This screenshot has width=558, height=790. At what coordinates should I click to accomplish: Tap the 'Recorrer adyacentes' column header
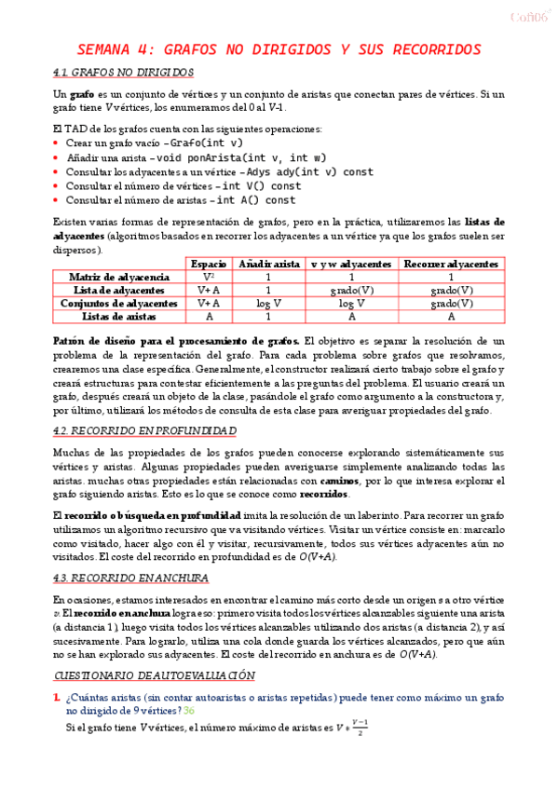pyautogui.click(x=452, y=265)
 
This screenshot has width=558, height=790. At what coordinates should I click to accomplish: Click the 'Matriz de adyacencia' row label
pyautogui.click(x=118, y=278)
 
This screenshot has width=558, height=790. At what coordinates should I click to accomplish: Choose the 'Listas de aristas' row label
pyautogui.click(x=118, y=317)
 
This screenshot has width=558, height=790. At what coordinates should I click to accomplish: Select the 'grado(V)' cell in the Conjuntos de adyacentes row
pyautogui.click(x=452, y=304)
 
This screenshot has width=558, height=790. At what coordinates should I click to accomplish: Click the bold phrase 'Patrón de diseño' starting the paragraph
pyautogui.click(x=98, y=341)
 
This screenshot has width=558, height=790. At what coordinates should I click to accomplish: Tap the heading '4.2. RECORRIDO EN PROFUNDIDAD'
pyautogui.click(x=144, y=431)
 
